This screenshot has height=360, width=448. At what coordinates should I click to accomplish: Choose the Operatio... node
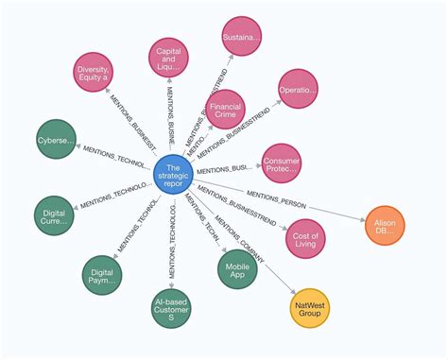297,93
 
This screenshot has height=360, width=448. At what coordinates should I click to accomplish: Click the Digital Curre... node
54,219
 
